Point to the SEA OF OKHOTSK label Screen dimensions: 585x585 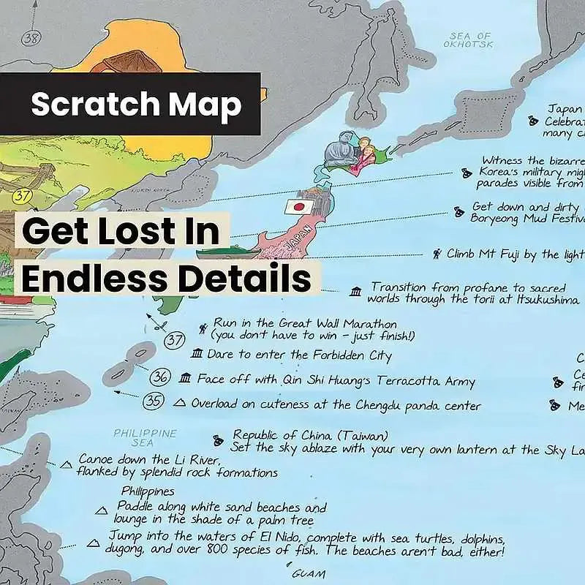coord(470,39)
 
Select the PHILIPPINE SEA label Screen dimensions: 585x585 coord(145,438)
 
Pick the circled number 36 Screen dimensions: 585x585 coord(161,378)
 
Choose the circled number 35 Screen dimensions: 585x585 coord(153,401)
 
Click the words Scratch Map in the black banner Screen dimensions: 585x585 coord(136,105)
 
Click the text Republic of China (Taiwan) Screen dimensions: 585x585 coord(310,436)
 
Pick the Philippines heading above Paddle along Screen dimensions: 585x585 coord(148,491)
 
